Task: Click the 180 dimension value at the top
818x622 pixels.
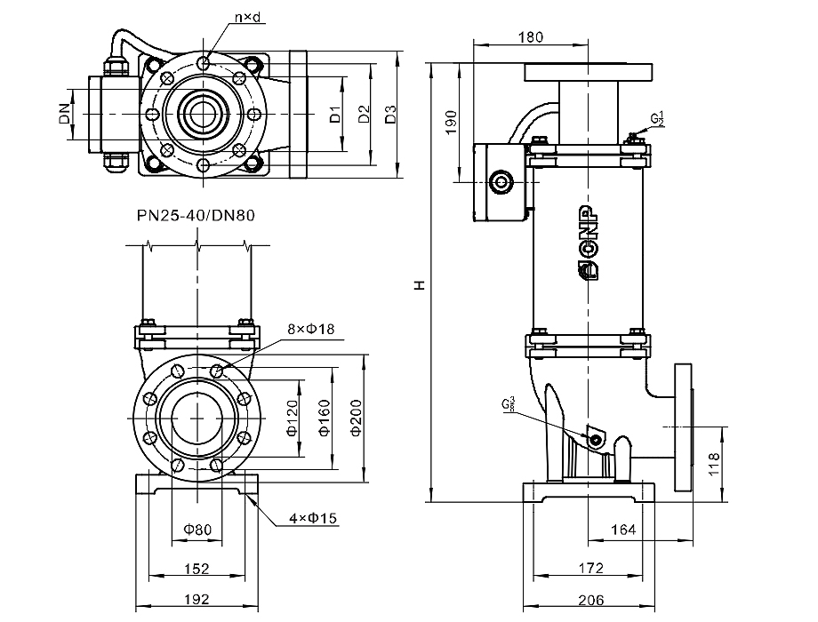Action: pyautogui.click(x=531, y=37)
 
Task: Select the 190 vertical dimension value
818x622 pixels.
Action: pyautogui.click(x=450, y=122)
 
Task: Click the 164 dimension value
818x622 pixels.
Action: pyautogui.click(x=623, y=530)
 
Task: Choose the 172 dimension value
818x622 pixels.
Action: pyautogui.click(x=589, y=568)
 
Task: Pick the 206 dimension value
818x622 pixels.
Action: pyautogui.click(x=589, y=601)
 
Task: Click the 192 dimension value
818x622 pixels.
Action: pyautogui.click(x=196, y=601)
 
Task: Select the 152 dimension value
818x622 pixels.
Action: pyautogui.click(x=196, y=568)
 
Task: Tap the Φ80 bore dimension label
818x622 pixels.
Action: pyautogui.click(x=197, y=530)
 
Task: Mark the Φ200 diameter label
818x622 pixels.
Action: pyautogui.click(x=356, y=417)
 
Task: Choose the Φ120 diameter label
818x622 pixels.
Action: pyautogui.click(x=292, y=417)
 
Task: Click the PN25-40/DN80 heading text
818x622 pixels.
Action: pyautogui.click(x=196, y=215)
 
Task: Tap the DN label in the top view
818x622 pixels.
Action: pyautogui.click(x=64, y=114)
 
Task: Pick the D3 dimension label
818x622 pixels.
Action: pyautogui.click(x=389, y=114)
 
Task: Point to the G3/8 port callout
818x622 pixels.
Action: pyautogui.click(x=508, y=403)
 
